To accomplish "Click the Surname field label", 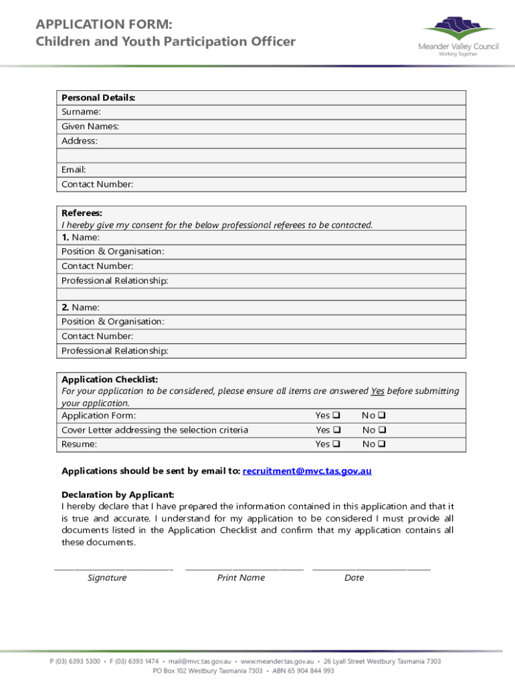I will pyautogui.click(x=81, y=112).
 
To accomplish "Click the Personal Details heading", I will pyautogui.click(x=98, y=98).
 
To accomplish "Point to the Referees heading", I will pyautogui.click(x=82, y=213).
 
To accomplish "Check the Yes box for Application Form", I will pyautogui.click(x=337, y=415).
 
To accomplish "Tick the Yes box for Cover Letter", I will pyautogui.click(x=337, y=430).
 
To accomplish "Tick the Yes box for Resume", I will pyautogui.click(x=337, y=444).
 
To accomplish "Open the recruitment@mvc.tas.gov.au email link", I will pyautogui.click(x=307, y=471).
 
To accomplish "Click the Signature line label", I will pyautogui.click(x=107, y=578).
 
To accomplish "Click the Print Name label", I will pyautogui.click(x=241, y=578).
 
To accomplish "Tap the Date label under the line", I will pyautogui.click(x=354, y=578).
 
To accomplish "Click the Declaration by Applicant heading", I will pyautogui.click(x=118, y=494).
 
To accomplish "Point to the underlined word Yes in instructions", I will pyautogui.click(x=377, y=391).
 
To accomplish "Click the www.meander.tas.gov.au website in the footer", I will pyautogui.click(x=277, y=661).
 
